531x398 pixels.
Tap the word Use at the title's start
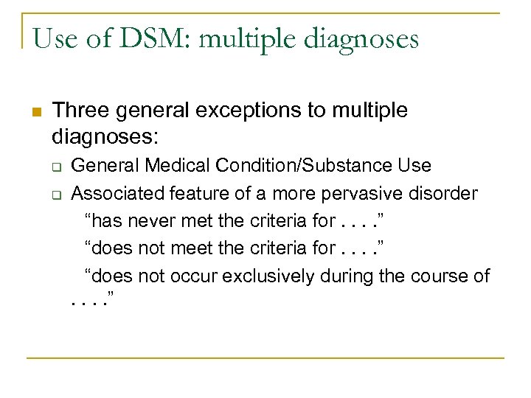coord(55,38)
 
